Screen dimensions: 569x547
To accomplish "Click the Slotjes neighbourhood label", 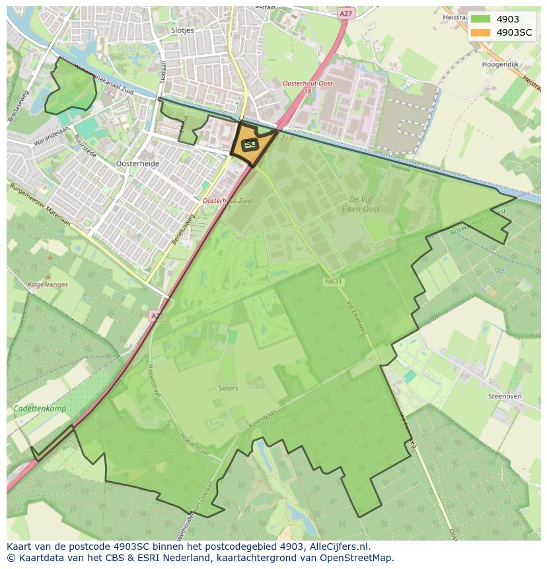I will point(182,30).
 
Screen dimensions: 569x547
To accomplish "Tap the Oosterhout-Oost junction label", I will point(306,84).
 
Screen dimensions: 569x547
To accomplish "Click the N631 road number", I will point(334,282).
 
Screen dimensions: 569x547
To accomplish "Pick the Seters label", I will point(228,388).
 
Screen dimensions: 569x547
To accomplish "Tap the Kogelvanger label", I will point(44,284).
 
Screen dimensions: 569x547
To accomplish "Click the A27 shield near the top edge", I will point(345,13).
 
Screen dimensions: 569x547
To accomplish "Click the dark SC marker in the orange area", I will point(250,143).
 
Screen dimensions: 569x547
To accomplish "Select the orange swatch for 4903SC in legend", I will point(480,33).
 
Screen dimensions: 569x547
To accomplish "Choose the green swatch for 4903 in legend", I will point(480,19).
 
